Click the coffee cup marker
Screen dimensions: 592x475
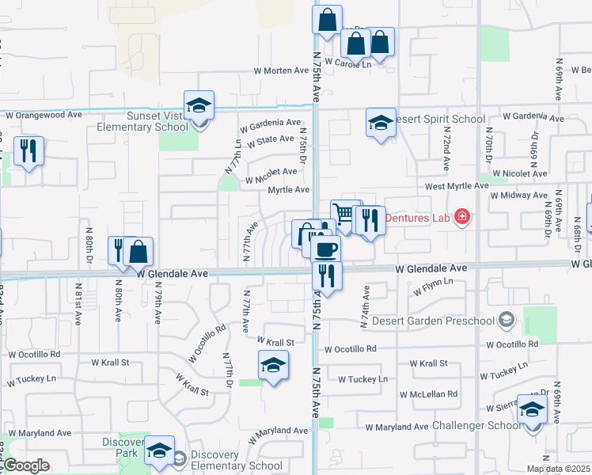(x=324, y=249)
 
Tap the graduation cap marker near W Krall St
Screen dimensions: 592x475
(x=272, y=365)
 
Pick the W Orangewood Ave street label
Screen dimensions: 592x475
(x=44, y=115)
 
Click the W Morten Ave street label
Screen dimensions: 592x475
(x=281, y=70)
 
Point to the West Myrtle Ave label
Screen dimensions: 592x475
(x=457, y=185)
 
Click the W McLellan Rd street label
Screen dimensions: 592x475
(x=428, y=393)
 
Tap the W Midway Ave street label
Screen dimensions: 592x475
(x=516, y=195)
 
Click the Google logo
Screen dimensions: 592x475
(x=26, y=465)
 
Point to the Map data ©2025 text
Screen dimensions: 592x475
(x=558, y=469)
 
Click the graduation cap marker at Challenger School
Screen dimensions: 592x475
(x=531, y=409)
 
